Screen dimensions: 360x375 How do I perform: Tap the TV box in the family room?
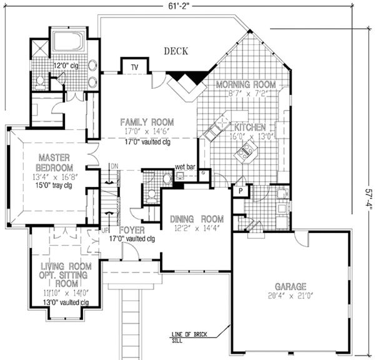tap(134, 67)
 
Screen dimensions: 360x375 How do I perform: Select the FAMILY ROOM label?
tap(147, 122)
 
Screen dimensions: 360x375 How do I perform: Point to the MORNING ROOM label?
tap(246, 84)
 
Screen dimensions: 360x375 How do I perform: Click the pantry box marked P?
tap(240, 191)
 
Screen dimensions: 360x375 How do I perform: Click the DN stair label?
tap(114, 167)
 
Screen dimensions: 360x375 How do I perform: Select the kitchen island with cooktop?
tap(251, 149)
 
